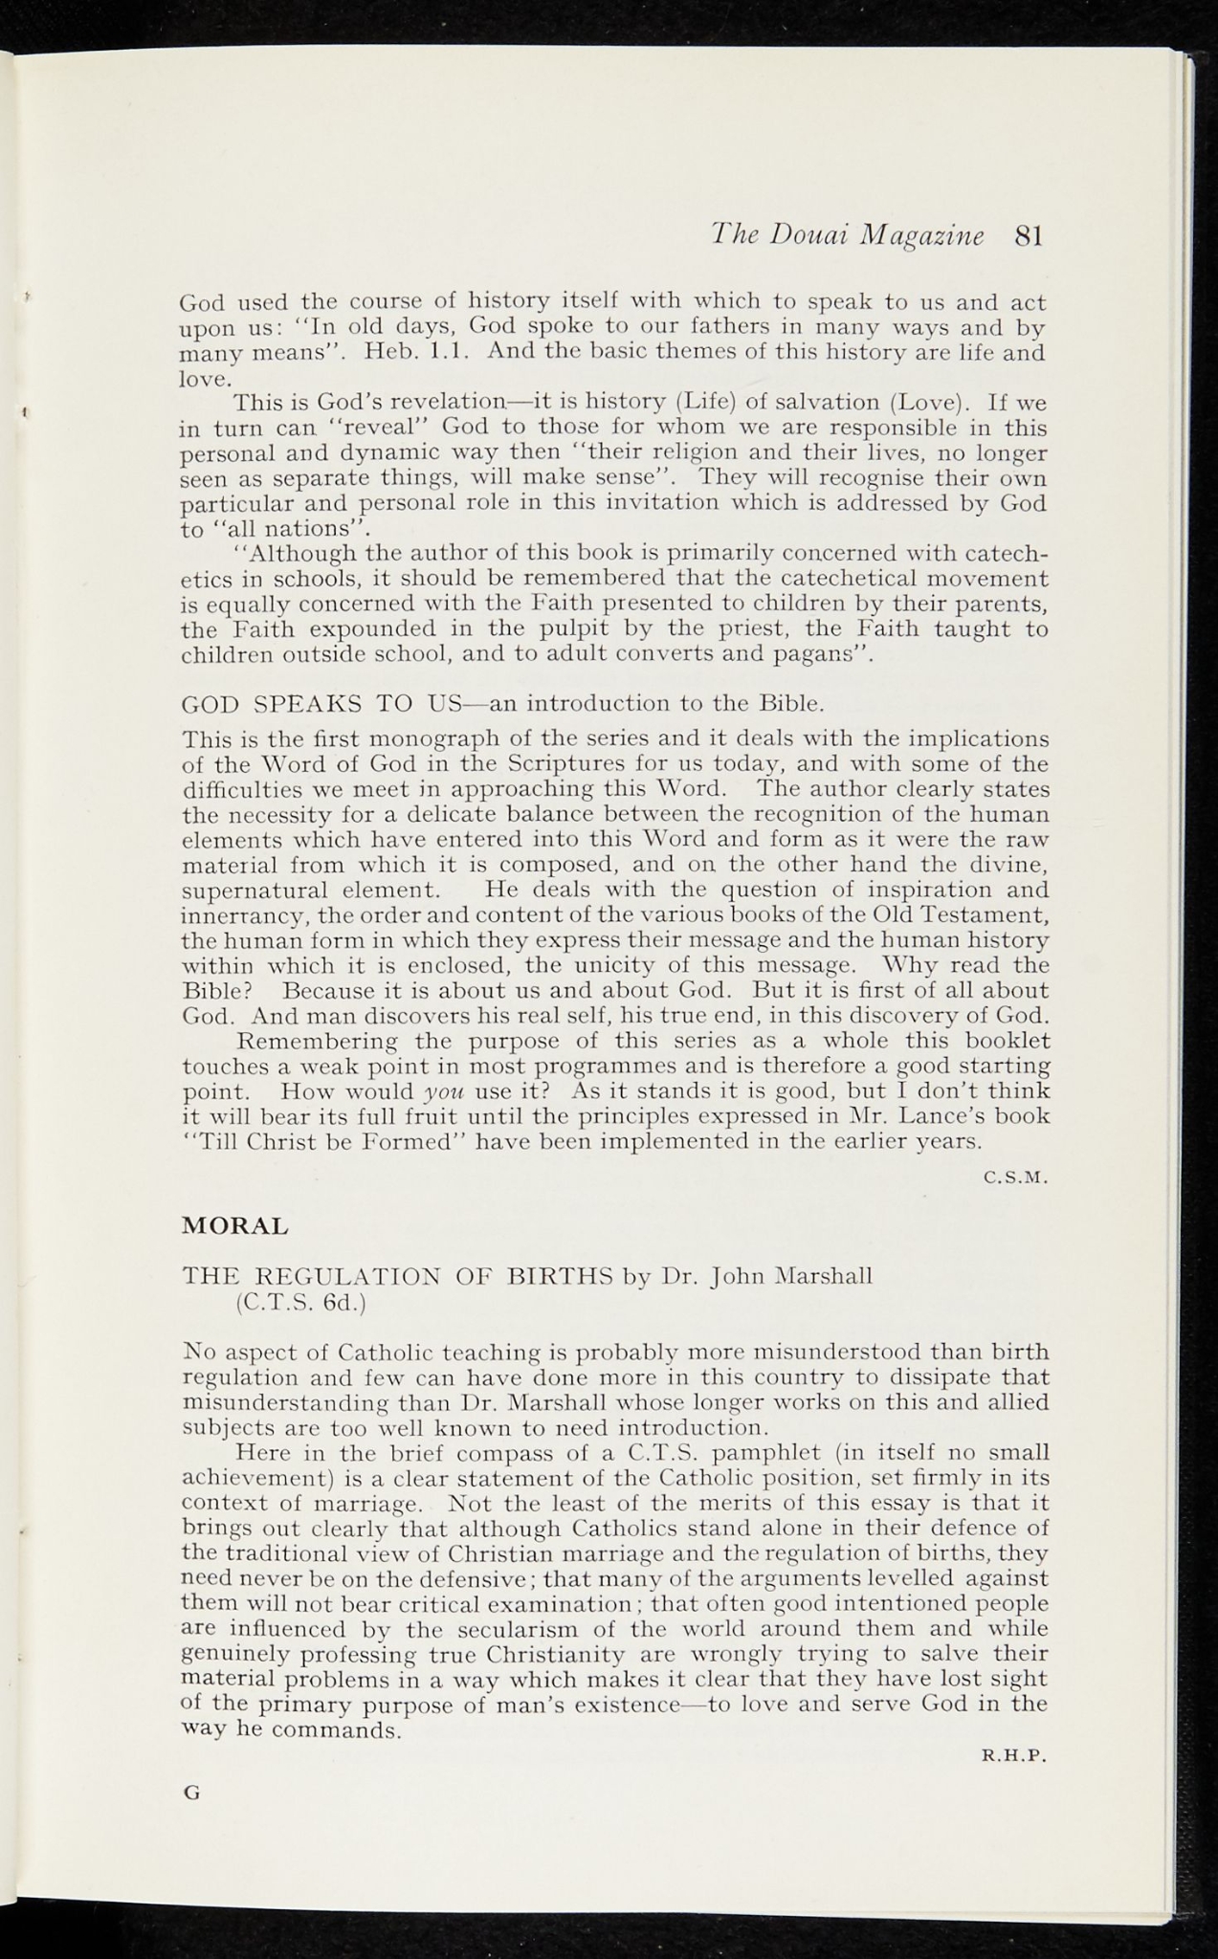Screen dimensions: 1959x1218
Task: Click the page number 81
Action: pos(1028,236)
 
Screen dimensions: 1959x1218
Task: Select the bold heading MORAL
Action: pos(235,1226)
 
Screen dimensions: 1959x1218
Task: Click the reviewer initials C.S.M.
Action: pos(1017,1178)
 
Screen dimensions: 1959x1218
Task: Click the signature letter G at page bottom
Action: pos(191,1794)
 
